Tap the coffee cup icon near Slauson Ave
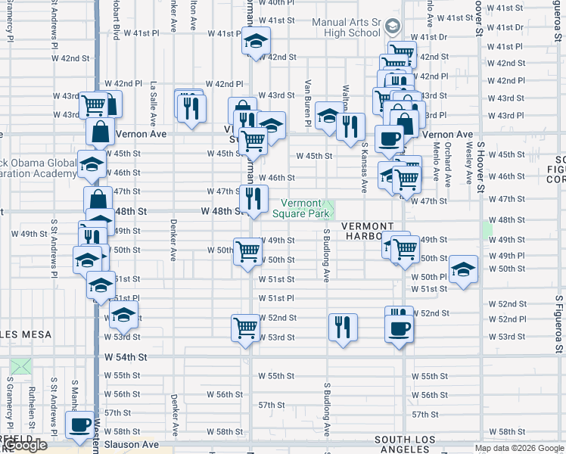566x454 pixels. [79, 425]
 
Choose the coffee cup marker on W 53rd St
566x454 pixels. [399, 328]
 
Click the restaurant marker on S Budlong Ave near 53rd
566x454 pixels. [343, 327]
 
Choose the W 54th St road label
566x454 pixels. [125, 356]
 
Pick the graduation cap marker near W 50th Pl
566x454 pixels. [463, 270]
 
